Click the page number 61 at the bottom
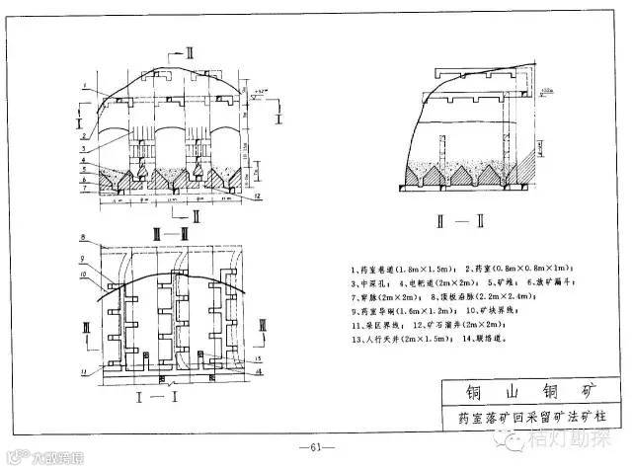tap(316, 446)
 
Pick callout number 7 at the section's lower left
tap(87, 187)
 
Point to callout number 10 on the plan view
tap(86, 274)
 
